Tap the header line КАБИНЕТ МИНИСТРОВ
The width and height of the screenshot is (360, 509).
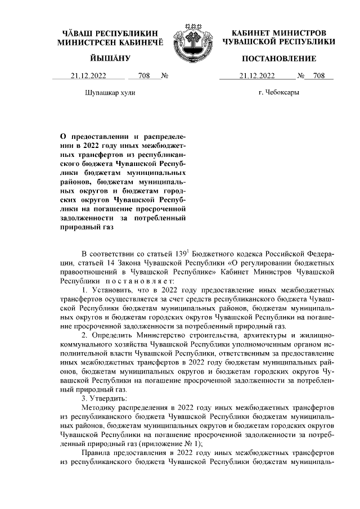coord(278,33)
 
